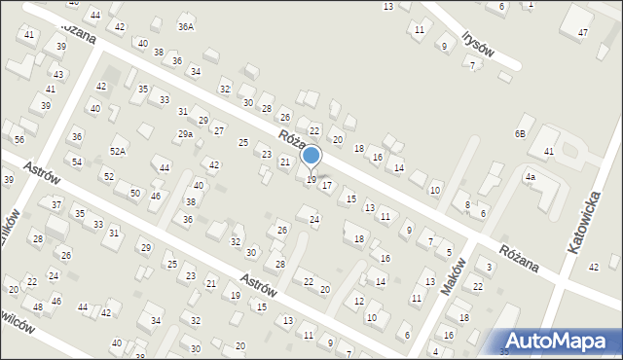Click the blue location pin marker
pyautogui.click(x=311, y=157)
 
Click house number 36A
pyautogui.click(x=185, y=27)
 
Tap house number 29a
pyautogui.click(x=184, y=134)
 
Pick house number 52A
pyautogui.click(x=118, y=151)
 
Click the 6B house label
pyautogui.click(x=521, y=133)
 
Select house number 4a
pyautogui.click(x=531, y=178)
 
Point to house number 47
pyautogui.click(x=582, y=33)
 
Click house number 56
pyautogui.click(x=19, y=140)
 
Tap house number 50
pyautogui.click(x=134, y=193)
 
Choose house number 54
pyautogui.click(x=77, y=162)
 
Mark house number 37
pyautogui.click(x=56, y=205)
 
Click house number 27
pyautogui.click(x=219, y=131)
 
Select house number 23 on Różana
pyautogui.click(x=267, y=154)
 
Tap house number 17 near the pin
pyautogui.click(x=327, y=185)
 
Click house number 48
pyautogui.click(x=37, y=307)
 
